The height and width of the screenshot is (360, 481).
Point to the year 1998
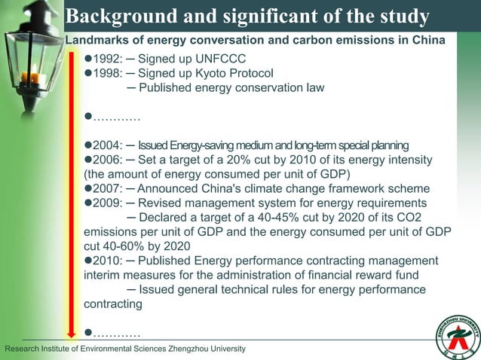108,74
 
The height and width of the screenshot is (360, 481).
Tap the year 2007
108,188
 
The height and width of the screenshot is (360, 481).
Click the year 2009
108,203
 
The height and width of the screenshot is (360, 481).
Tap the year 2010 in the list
108,261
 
